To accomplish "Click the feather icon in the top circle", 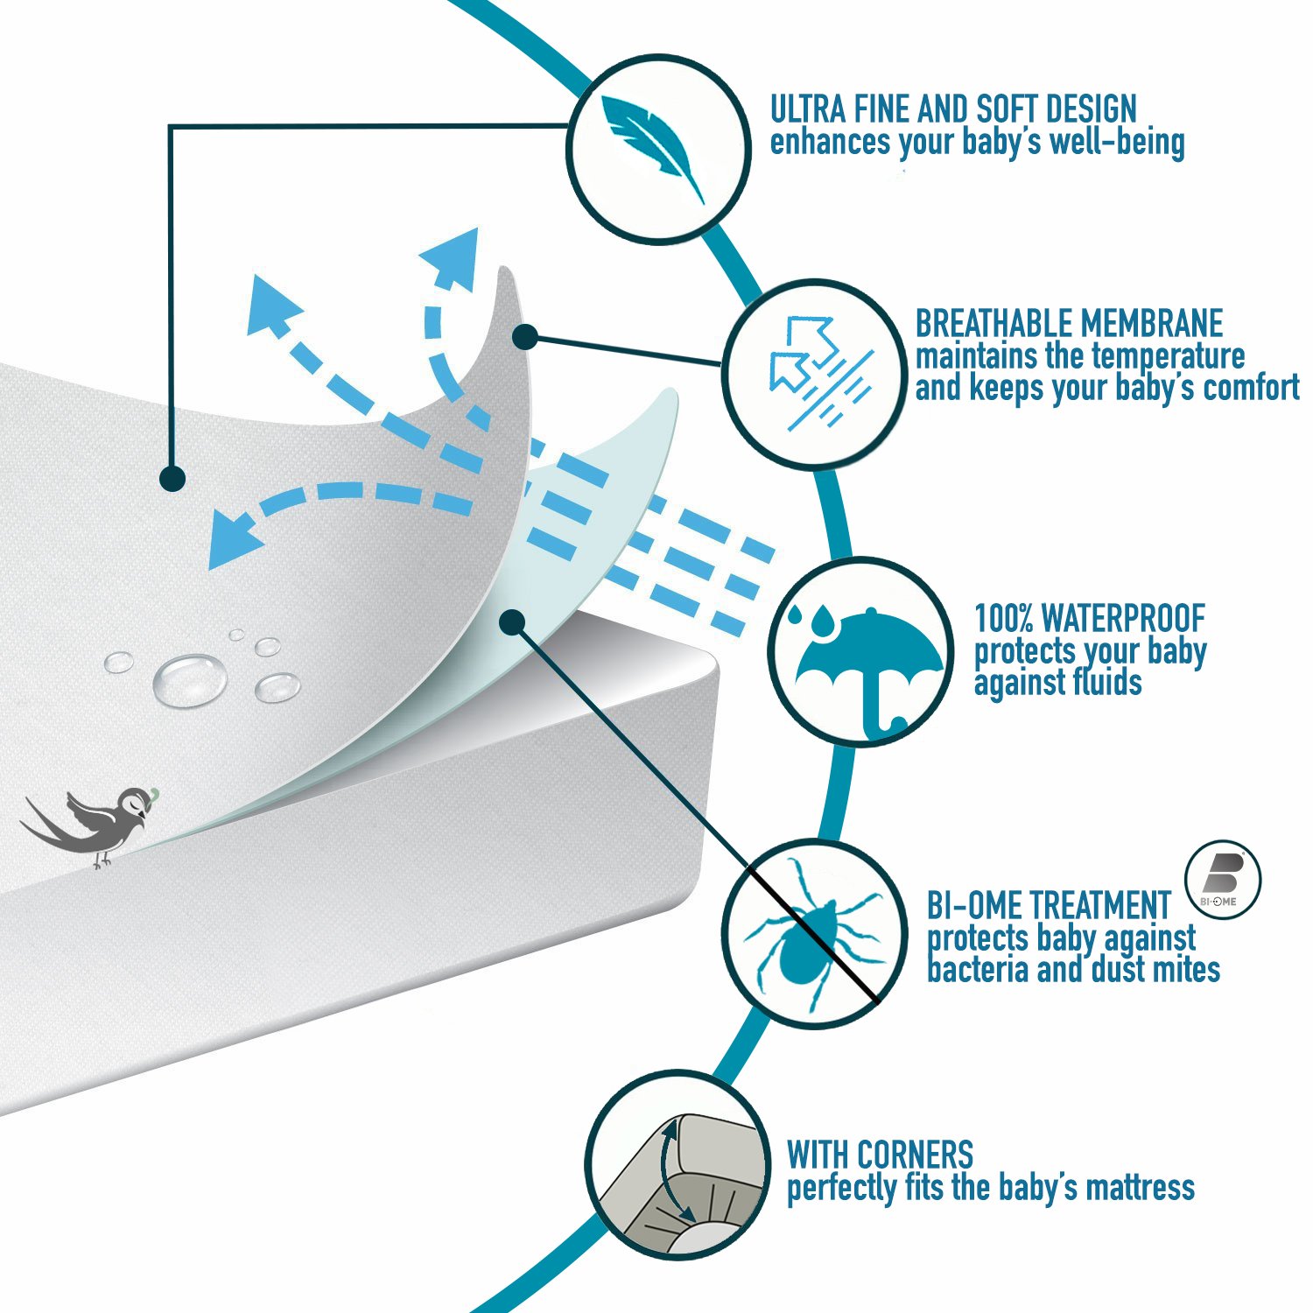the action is click(x=652, y=145).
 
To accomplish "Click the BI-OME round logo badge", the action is click(x=1223, y=881).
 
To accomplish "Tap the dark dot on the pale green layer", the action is click(x=511, y=622).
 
